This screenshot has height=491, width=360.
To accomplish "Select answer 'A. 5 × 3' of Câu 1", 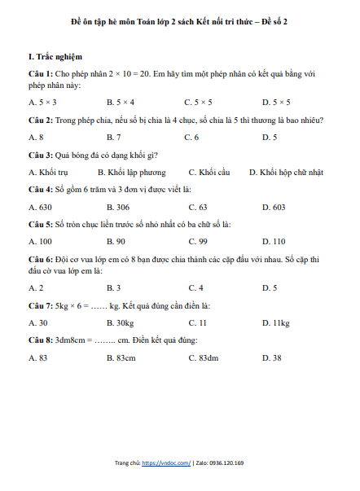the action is pyautogui.click(x=42, y=103).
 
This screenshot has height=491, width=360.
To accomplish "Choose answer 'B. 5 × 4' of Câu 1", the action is pyautogui.click(x=121, y=103).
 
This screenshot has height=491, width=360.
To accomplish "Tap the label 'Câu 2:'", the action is pyautogui.click(x=41, y=120).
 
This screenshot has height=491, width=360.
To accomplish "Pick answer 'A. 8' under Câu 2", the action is pyautogui.click(x=36, y=137).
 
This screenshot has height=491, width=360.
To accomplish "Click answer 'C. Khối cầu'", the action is pyautogui.click(x=209, y=172).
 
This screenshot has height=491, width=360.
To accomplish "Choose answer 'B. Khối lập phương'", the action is pyautogui.click(x=131, y=172).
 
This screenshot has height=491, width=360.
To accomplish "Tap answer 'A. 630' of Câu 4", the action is pyautogui.click(x=40, y=207).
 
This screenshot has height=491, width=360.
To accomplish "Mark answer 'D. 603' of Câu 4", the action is pyautogui.click(x=274, y=207).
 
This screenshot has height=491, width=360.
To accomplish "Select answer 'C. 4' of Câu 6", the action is pyautogui.click(x=195, y=287).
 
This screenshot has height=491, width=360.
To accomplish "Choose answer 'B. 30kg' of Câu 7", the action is pyautogui.click(x=121, y=322).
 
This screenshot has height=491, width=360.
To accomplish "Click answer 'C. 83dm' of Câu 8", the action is pyautogui.click(x=203, y=357).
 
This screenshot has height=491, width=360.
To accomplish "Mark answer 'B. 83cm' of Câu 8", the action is pyautogui.click(x=121, y=357).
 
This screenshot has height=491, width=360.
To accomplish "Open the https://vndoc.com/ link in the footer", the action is pyautogui.click(x=166, y=463).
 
